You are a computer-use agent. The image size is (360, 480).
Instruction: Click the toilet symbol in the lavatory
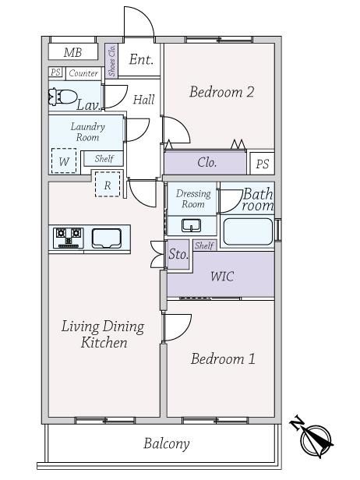coord(63,97)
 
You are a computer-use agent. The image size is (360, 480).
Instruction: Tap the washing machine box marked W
coord(64,161)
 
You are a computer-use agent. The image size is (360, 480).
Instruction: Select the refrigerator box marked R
coord(108,184)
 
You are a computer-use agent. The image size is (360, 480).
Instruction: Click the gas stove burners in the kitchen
coord(69,238)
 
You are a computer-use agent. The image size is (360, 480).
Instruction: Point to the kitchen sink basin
coord(107,238)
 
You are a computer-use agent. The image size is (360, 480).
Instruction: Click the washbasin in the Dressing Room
coord(192,226)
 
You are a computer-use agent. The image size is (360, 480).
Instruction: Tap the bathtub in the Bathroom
coord(248,231)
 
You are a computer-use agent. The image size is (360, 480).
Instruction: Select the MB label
coord(73,53)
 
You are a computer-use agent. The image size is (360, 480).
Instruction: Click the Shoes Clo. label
coord(111,61)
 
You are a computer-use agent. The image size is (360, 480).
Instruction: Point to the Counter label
coord(83,73)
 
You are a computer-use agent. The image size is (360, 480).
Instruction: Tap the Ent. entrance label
coord(141,59)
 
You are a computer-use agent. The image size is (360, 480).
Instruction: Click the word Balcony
coord(167,444)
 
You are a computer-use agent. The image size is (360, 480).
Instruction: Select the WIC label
coord(223,277)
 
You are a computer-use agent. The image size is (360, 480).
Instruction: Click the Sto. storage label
coord(178,254)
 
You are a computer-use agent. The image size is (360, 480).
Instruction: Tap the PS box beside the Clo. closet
coord(263,164)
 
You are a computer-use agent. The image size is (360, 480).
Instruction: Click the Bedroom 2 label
coord(221,92)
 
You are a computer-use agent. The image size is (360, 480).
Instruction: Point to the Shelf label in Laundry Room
coord(104,159)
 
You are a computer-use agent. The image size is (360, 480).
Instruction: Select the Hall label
coord(144,100)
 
